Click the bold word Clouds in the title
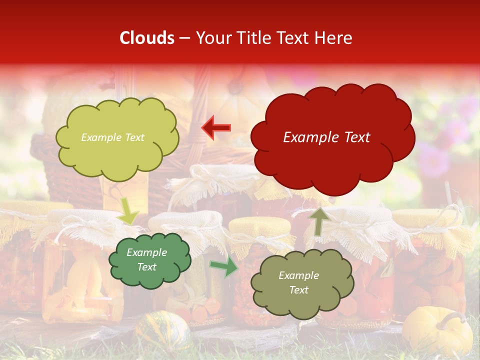(146, 38)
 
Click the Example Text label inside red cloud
(326, 137)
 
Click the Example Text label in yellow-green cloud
(112, 137)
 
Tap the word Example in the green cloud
(146, 252)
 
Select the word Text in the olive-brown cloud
(298, 290)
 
